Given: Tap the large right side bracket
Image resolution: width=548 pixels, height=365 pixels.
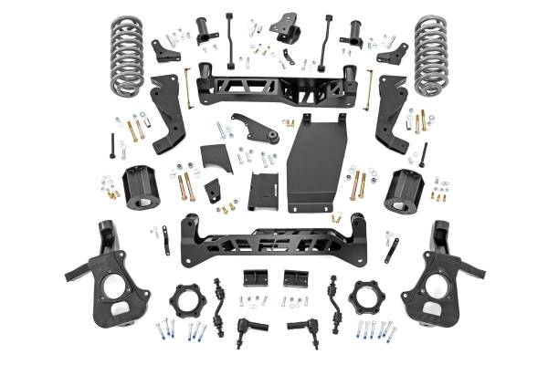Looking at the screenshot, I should pos(391,114).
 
